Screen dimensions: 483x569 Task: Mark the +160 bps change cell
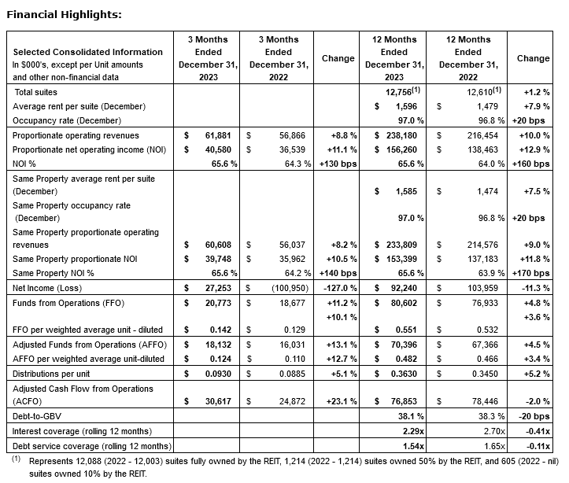[533, 164]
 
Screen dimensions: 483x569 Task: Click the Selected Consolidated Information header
[88, 52]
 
